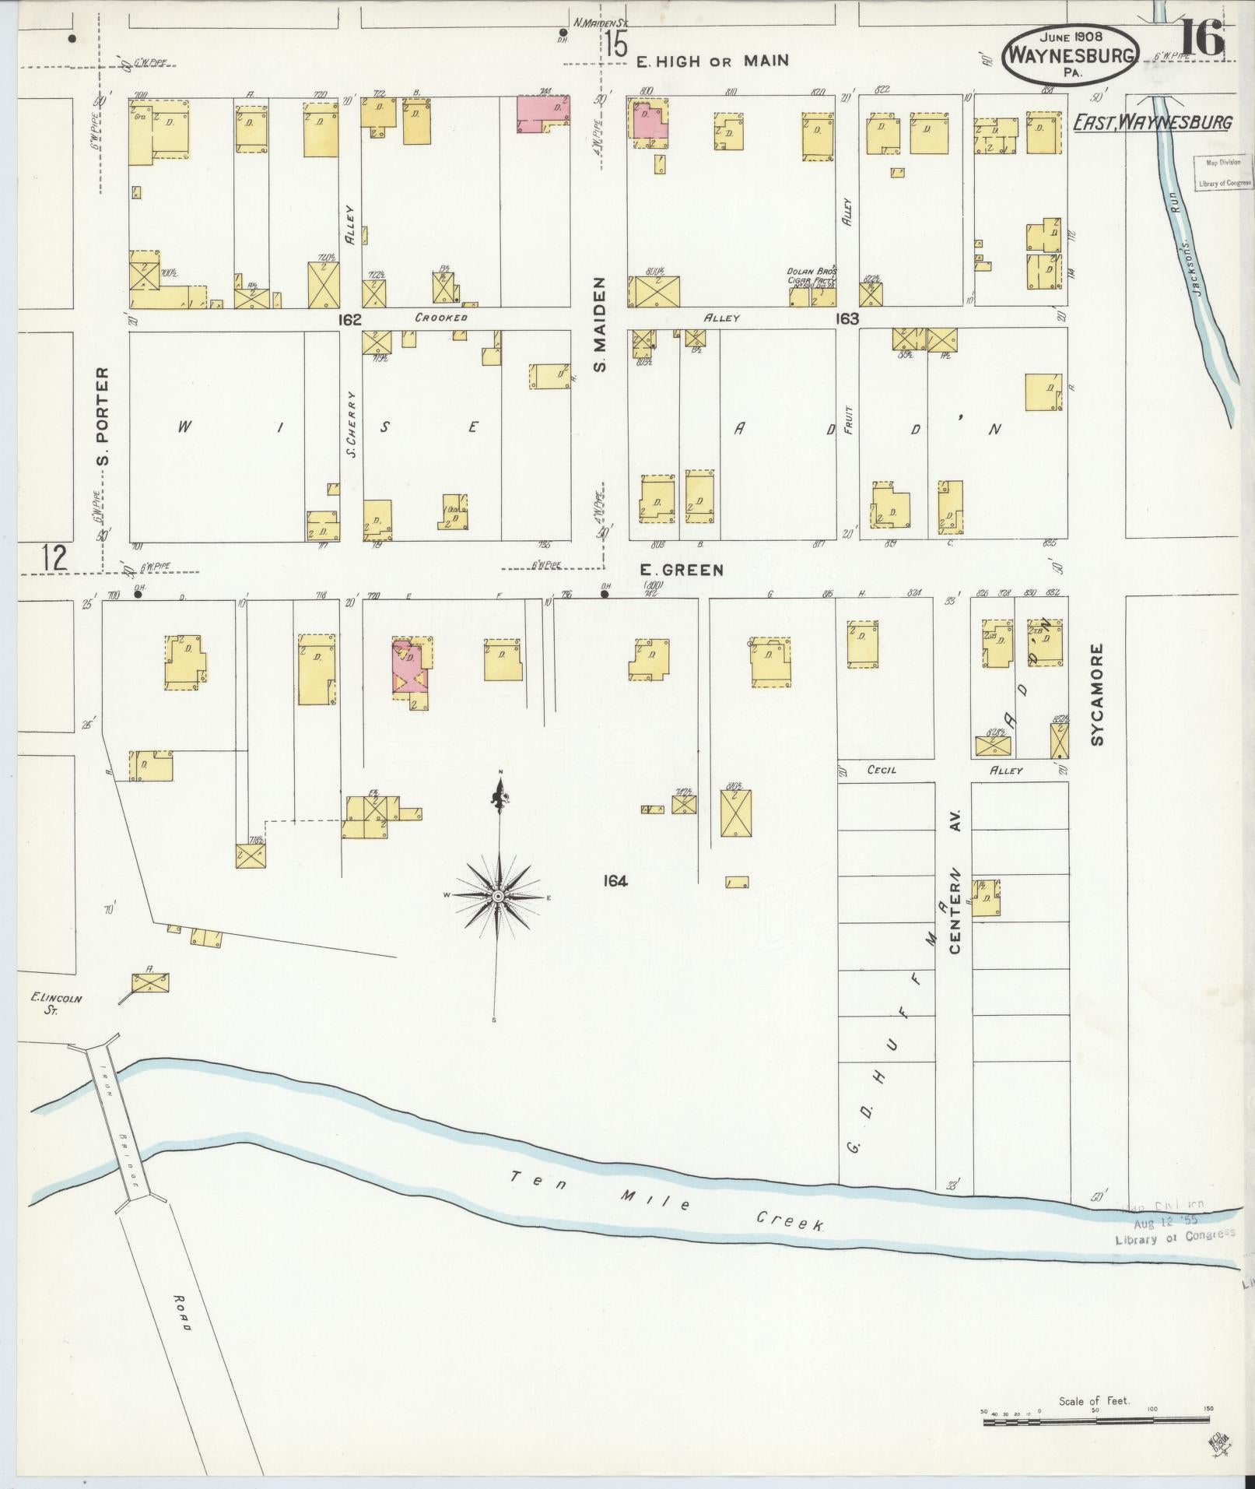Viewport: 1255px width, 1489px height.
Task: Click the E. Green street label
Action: [682, 570]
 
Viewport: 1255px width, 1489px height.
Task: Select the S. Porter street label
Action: [103, 416]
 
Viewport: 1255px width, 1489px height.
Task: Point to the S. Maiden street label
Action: [600, 324]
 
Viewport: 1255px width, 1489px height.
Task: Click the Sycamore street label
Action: [1097, 694]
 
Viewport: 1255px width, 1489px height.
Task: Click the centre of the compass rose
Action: [498, 897]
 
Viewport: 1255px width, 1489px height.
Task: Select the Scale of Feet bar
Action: [1097, 1421]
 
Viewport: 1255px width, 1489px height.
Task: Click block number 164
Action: [615, 880]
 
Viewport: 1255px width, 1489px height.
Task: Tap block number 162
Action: [350, 318]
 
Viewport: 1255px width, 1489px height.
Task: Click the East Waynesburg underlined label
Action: [1152, 122]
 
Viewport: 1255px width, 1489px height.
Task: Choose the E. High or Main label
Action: [712, 61]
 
